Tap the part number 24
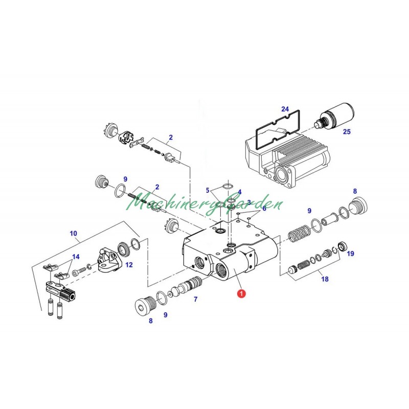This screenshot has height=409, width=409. pos(285,109)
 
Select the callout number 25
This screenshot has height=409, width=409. pos(347,132)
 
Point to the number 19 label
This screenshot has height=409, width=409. pos(351,253)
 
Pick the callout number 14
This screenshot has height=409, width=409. pos(76,257)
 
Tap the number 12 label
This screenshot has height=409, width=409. pos(129,265)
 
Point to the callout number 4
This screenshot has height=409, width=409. pos(239,192)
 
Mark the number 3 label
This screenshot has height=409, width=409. pos(249,202)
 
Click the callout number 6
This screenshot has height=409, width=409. pos(264,209)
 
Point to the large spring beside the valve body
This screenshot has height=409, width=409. pos(297,236)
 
